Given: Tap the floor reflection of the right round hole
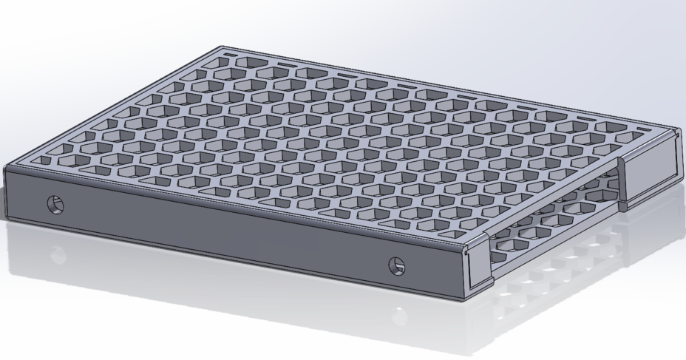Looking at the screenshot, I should pyautogui.click(x=399, y=317).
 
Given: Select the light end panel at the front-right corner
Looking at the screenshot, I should pyautogui.click(x=480, y=265).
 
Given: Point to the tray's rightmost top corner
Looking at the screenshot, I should pyautogui.click(x=678, y=130).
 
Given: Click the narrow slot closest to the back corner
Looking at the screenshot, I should pyautogui.click(x=231, y=55).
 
